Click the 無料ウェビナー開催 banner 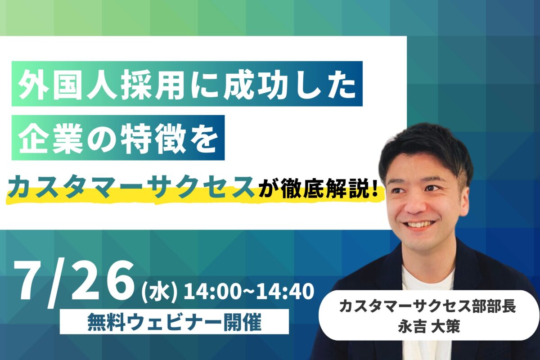point(174,321)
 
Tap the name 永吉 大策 point(429,326)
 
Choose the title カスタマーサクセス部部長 point(427,307)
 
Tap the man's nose point(414,205)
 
